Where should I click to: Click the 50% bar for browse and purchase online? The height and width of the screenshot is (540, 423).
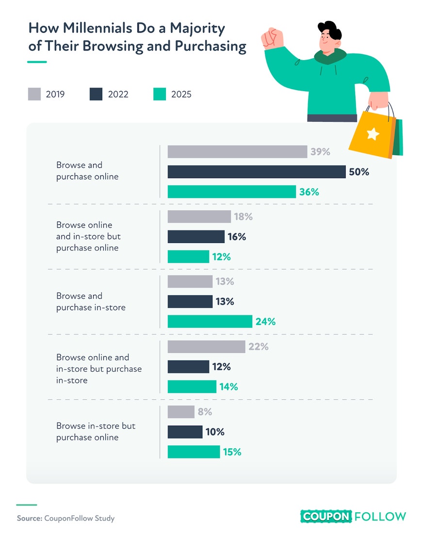[x=257, y=172]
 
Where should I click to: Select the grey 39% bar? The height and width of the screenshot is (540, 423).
[x=237, y=152]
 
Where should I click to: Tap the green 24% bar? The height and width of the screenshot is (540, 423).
[x=210, y=322]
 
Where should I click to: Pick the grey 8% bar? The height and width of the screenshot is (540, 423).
[x=181, y=412]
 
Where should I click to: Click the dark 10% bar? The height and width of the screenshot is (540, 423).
[x=185, y=432]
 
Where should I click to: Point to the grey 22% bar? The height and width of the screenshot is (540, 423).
[x=206, y=347]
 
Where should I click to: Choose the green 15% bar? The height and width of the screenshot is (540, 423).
[x=194, y=452]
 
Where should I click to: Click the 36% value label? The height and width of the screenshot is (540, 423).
[x=309, y=192]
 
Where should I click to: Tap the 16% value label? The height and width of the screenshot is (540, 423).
[x=237, y=237]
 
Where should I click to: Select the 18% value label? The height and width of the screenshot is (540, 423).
[x=243, y=216]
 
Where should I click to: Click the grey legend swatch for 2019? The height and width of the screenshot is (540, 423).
[x=34, y=94]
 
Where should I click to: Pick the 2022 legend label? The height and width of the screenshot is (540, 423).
[x=118, y=94]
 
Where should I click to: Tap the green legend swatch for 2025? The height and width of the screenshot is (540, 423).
[x=160, y=94]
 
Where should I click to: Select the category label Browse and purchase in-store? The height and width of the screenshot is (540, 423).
[x=91, y=302]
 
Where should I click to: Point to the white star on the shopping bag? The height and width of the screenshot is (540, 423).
[x=373, y=133]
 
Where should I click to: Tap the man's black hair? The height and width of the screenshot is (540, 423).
[x=330, y=30]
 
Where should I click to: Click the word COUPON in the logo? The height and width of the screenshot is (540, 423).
[x=326, y=517]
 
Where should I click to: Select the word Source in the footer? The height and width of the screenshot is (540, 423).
[x=29, y=518]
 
